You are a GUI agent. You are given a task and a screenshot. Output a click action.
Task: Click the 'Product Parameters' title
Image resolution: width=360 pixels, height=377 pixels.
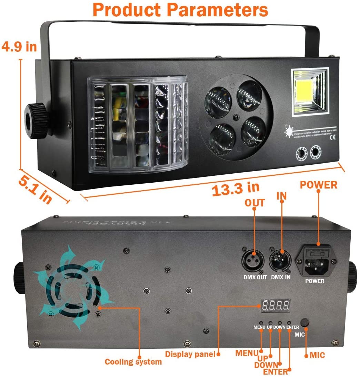(x=180, y=10)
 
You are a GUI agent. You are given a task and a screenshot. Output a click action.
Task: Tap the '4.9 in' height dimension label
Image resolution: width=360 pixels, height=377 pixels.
(x=19, y=46)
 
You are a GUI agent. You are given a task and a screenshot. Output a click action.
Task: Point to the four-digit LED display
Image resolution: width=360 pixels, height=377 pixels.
(x=276, y=305)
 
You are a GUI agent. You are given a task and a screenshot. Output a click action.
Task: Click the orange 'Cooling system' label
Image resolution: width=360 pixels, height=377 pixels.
(x=133, y=362)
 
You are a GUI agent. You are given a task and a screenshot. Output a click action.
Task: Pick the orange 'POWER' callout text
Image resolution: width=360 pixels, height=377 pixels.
(x=318, y=185)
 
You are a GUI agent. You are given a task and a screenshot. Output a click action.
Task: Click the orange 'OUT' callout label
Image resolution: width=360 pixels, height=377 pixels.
(x=254, y=203)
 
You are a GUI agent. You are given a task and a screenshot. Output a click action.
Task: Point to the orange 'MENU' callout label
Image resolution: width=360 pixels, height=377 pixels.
(x=247, y=353)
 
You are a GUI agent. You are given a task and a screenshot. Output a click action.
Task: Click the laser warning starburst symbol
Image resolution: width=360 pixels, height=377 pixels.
(x=289, y=131)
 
